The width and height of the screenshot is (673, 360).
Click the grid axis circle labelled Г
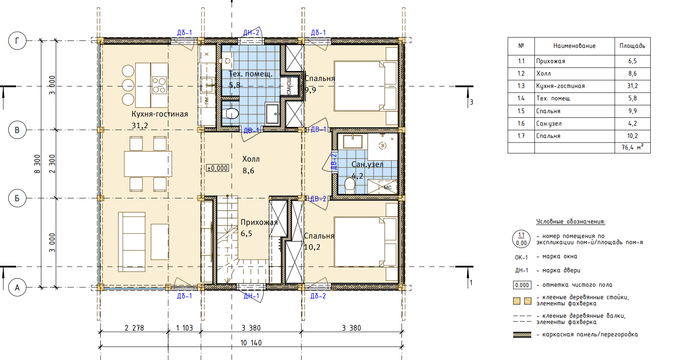(17, 41)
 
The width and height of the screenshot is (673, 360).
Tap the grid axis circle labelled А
(17, 288)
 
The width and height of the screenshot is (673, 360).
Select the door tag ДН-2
(251, 33)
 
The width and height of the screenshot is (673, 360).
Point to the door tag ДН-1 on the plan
(251, 296)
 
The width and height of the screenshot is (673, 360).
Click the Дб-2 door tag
(318, 296)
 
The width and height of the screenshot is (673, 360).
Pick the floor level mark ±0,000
(218, 168)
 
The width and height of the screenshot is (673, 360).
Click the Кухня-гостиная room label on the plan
(159, 114)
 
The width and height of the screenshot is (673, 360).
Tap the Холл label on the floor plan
(251, 159)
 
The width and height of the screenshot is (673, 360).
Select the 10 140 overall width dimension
(251, 343)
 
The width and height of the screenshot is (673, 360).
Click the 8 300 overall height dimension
(37, 164)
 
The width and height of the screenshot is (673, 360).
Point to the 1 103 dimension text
(185, 328)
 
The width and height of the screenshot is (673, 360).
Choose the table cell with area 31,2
(633, 86)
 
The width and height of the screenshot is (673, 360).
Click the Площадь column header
(633, 46)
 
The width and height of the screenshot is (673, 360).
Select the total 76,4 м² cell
(633, 148)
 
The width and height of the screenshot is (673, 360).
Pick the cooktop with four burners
(159, 85)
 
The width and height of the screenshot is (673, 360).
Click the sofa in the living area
(132, 242)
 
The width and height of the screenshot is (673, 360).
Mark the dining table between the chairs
(148, 164)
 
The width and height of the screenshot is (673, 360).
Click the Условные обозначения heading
(571, 222)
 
